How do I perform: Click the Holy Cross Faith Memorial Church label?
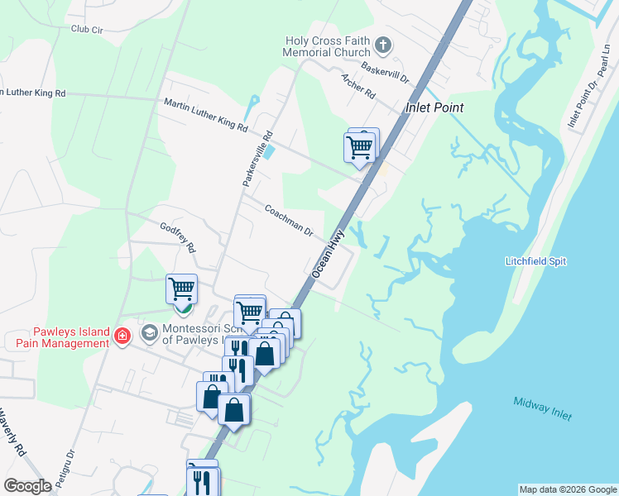(x=329, y=46)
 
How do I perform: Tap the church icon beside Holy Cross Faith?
(x=382, y=43)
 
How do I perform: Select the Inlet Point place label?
(x=434, y=107)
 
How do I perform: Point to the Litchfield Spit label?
(x=535, y=261)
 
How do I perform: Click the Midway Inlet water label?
(x=542, y=408)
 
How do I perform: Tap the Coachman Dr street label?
(x=289, y=221)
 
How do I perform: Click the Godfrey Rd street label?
(x=178, y=237)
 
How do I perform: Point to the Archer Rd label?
(x=358, y=86)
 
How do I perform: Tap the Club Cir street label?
(x=87, y=29)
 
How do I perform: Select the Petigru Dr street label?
(x=68, y=466)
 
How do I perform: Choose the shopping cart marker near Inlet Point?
(x=359, y=148)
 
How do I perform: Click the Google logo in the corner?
(x=27, y=486)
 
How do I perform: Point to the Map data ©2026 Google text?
(x=568, y=489)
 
